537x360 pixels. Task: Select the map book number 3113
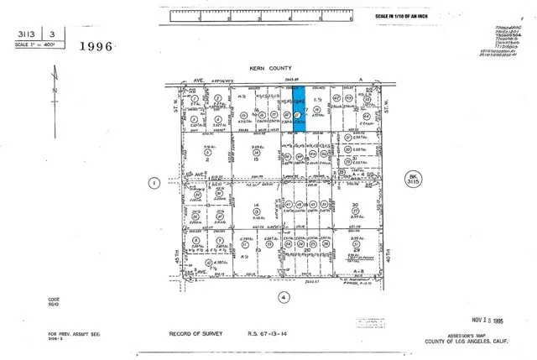[20, 35]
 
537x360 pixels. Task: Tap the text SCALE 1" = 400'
[30, 44]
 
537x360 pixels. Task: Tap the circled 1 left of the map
[153, 182]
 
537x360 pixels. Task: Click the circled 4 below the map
[284, 296]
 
